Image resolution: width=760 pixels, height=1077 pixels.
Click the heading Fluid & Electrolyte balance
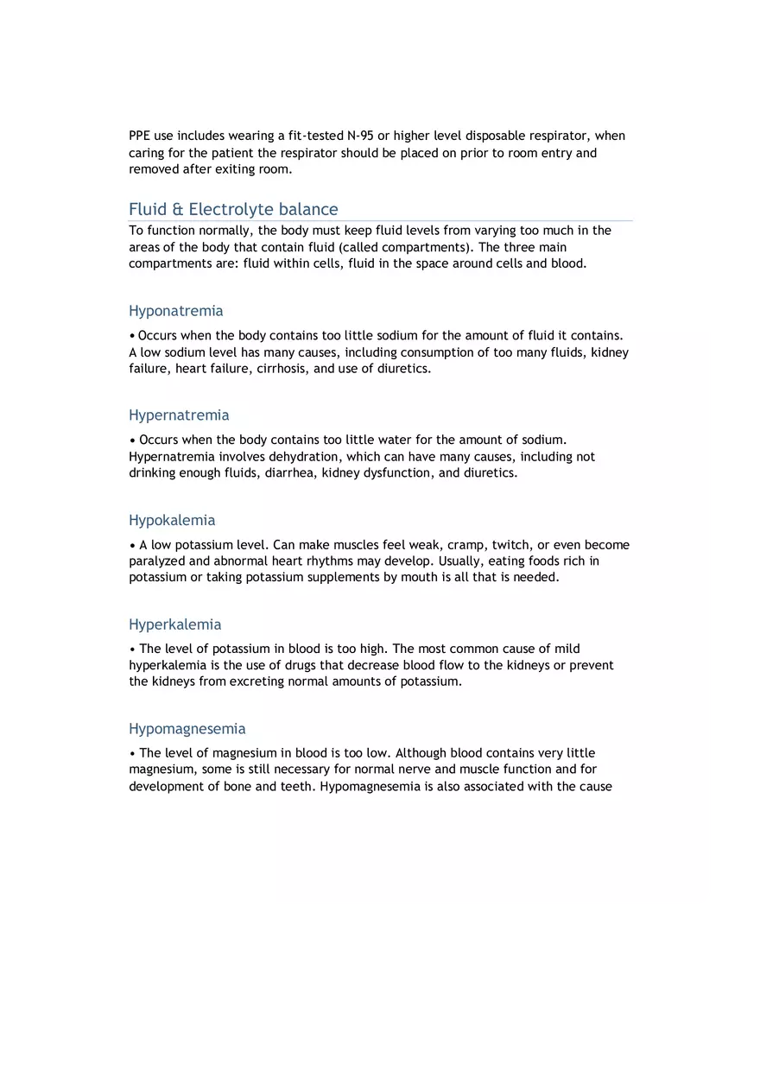point(233,209)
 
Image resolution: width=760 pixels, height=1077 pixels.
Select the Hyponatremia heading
point(175,311)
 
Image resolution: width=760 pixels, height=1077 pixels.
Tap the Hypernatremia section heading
point(179,415)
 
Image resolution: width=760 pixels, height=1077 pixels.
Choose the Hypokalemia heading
point(172,520)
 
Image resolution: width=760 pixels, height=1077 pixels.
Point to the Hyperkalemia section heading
point(174,624)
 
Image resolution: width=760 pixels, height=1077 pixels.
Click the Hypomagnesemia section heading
point(187,729)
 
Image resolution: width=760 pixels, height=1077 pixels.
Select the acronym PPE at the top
point(140,136)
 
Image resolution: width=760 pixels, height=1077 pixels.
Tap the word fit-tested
point(315,136)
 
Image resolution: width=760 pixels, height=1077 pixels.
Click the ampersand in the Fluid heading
point(178,209)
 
